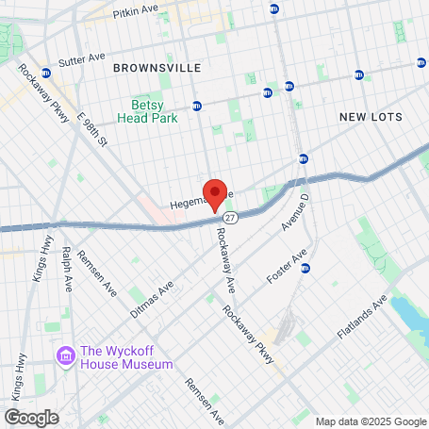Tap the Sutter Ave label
[82, 58]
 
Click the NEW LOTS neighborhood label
[371, 117]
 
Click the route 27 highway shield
[243, 217]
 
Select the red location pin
[215, 192]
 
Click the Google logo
[31, 417]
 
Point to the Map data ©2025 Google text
[371, 421]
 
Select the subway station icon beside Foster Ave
[305, 268]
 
